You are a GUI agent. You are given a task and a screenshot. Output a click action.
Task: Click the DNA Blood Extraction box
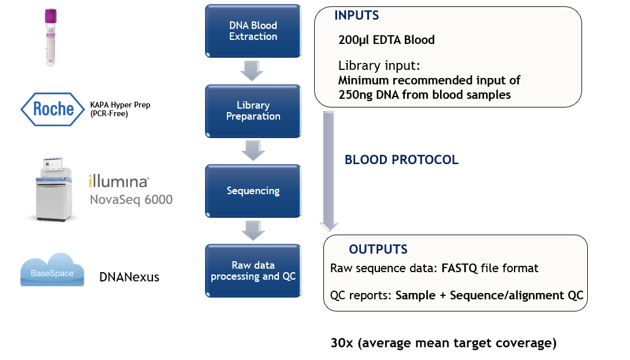(x=253, y=31)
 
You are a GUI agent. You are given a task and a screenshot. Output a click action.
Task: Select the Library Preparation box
(x=253, y=111)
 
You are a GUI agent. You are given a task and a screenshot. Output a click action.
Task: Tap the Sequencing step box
(x=253, y=191)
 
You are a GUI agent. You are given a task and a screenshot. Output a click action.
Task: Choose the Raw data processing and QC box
(x=253, y=270)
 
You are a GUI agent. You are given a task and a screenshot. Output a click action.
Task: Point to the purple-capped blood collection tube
(x=49, y=37)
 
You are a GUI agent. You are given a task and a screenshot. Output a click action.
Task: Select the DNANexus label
(x=129, y=277)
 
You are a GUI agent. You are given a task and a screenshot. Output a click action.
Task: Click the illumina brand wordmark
(x=119, y=182)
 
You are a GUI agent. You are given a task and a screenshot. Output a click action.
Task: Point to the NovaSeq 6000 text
(x=131, y=200)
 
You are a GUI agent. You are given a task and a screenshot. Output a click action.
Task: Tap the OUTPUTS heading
(x=378, y=250)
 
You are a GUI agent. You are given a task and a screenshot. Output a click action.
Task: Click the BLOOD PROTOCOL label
(x=401, y=160)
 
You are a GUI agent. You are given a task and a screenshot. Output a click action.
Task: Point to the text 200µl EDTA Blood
(x=386, y=40)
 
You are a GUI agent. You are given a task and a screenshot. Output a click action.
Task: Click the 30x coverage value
(x=341, y=343)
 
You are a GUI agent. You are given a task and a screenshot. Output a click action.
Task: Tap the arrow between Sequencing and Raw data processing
(x=253, y=230)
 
